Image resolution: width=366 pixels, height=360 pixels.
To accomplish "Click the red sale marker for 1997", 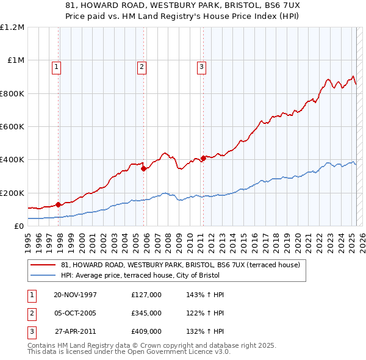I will (59, 204).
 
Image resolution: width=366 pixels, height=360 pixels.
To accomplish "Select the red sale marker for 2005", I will (143, 169).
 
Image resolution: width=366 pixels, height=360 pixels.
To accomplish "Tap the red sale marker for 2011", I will (203, 158).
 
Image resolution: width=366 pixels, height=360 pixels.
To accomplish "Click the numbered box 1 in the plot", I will (56, 67).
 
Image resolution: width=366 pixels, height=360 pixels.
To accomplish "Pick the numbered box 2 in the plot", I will (142, 67).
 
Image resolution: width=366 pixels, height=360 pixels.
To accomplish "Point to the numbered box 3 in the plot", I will (201, 67).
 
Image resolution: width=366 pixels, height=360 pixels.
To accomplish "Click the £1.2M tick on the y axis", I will (12, 27).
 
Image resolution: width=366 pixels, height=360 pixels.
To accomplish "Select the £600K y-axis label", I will (12, 127).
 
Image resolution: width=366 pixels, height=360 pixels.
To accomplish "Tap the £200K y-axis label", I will (12, 193).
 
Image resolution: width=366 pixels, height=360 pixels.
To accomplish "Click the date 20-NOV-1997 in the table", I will (76, 295).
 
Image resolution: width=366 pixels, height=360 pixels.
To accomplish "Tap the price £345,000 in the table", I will (146, 313).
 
